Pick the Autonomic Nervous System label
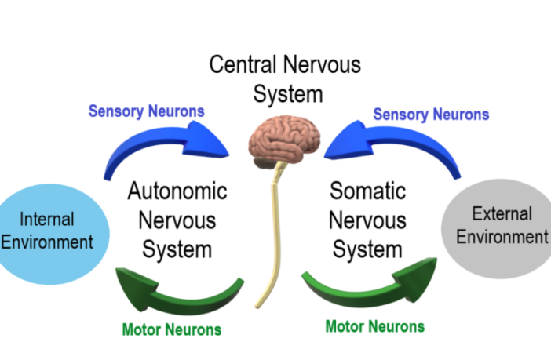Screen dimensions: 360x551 tap(177, 220)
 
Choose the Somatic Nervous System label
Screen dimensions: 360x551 tap(367, 220)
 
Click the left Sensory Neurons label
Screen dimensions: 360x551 tap(146, 111)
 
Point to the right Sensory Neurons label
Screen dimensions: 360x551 tap(430, 115)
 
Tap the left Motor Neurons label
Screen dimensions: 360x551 tap(171, 329)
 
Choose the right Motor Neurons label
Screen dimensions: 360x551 tap(374, 326)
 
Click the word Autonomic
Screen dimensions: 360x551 tap(177, 191)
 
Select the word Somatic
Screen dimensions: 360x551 tap(367, 191)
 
